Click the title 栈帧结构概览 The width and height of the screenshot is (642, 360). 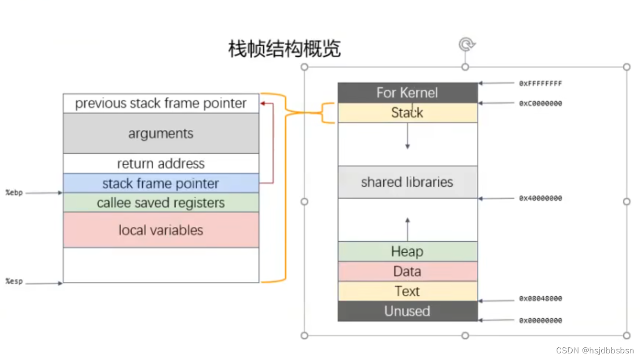pyautogui.click(x=285, y=49)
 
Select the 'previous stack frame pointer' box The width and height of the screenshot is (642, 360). pyautogui.click(x=161, y=103)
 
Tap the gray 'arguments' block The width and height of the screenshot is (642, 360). pyautogui.click(x=161, y=133)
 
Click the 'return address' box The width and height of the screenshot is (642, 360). pyautogui.click(x=161, y=163)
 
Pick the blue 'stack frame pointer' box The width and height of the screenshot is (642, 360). pyautogui.click(x=161, y=183)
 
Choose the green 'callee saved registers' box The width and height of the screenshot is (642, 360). pyautogui.click(x=161, y=203)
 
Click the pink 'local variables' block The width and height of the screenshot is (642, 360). pyautogui.click(x=161, y=230)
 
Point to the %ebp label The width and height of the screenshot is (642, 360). pyautogui.click(x=14, y=193)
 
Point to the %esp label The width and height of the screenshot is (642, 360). pyautogui.click(x=14, y=282)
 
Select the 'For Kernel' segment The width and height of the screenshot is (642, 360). pyautogui.click(x=407, y=92)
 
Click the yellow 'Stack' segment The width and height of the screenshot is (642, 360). pyautogui.click(x=407, y=113)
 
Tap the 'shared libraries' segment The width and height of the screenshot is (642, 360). pyautogui.click(x=407, y=182)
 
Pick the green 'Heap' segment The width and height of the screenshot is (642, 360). pyautogui.click(x=407, y=252)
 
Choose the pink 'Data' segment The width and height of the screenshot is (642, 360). pyautogui.click(x=407, y=271)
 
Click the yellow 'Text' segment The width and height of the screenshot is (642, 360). pyautogui.click(x=407, y=291)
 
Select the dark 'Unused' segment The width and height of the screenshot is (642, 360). pyautogui.click(x=407, y=311)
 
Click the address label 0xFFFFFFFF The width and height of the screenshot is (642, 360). pyautogui.click(x=540, y=84)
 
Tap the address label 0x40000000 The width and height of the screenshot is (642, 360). pyautogui.click(x=540, y=198)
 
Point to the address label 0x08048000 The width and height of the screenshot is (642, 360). pyautogui.click(x=540, y=299)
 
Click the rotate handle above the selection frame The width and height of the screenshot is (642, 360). pyautogui.click(x=466, y=44)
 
